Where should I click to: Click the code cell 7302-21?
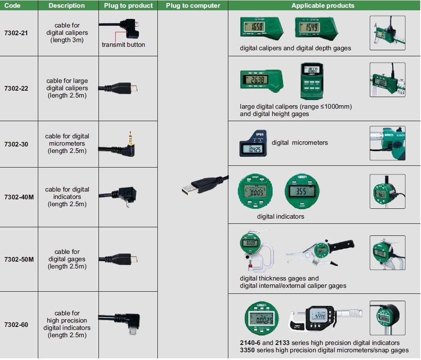(x=16, y=33)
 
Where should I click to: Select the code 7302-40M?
(x=19, y=197)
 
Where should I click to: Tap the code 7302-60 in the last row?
(x=16, y=324)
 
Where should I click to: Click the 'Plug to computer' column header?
(x=193, y=6)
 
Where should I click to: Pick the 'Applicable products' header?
(x=323, y=6)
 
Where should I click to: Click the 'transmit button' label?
(x=123, y=45)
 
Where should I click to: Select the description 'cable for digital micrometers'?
(x=67, y=143)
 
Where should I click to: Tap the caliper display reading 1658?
(x=257, y=27)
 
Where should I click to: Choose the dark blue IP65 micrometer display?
(x=253, y=143)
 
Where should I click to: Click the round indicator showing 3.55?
(x=302, y=192)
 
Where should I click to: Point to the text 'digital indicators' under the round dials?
(x=280, y=217)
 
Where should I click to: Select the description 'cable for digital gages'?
(x=67, y=259)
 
